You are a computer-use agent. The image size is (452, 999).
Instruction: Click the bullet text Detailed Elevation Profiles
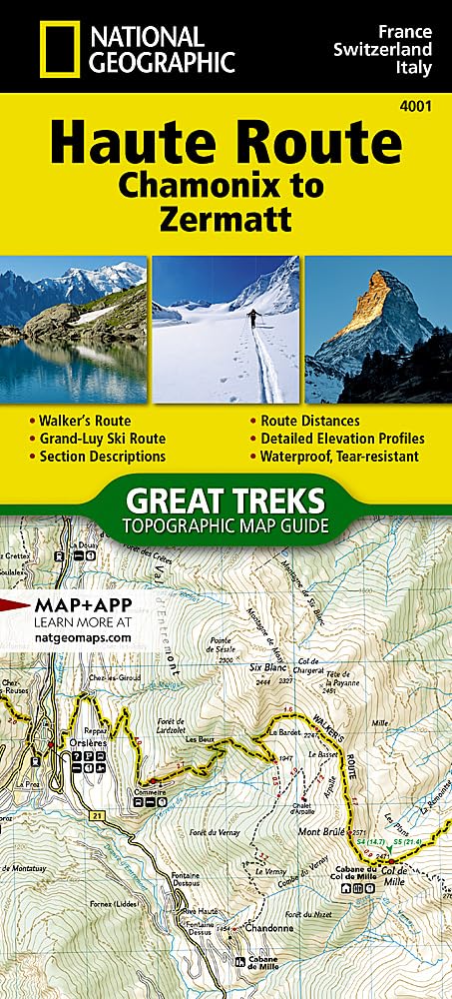342,438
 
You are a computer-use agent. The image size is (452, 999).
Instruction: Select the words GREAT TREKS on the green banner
225,499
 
